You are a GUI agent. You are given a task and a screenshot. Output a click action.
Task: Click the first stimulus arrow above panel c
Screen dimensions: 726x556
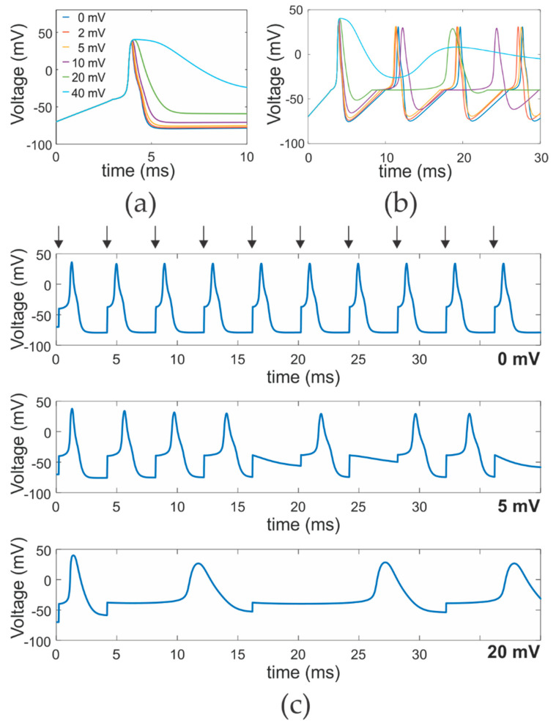pyautogui.click(x=59, y=236)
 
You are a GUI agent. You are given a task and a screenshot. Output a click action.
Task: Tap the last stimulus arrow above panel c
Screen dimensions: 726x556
pyautogui.click(x=494, y=236)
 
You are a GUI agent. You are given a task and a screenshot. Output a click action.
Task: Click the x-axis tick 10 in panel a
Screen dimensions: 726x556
pyautogui.click(x=247, y=157)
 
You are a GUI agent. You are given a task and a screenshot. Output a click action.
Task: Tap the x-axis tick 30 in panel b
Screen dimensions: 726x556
pyautogui.click(x=540, y=157)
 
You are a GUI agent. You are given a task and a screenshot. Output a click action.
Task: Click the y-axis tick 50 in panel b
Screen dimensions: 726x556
pyautogui.click(x=297, y=10)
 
